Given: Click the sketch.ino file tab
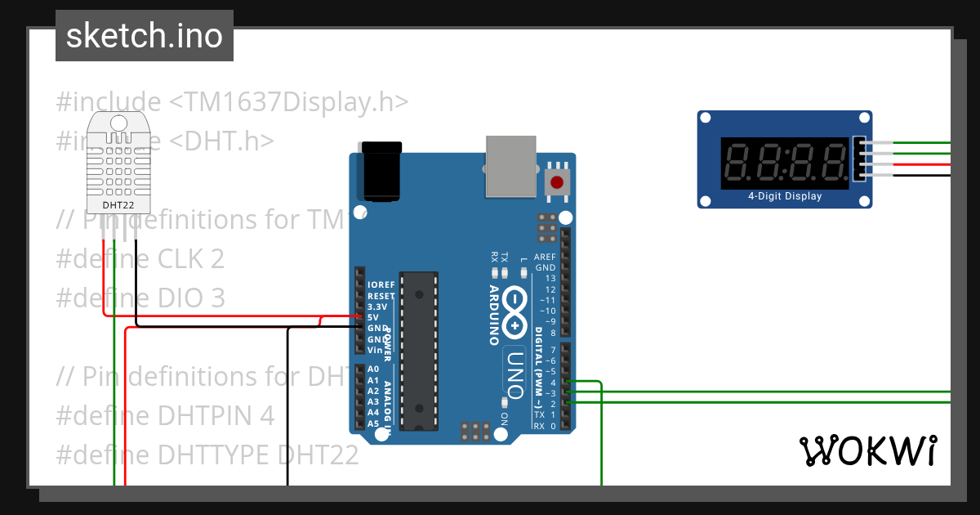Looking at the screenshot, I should (x=144, y=36).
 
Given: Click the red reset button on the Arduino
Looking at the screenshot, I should (x=557, y=181).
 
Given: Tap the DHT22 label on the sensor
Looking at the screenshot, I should (x=118, y=204).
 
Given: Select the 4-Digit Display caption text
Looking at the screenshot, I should (x=785, y=196).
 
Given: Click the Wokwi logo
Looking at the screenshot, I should (x=867, y=450).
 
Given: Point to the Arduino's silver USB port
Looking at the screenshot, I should (x=511, y=166).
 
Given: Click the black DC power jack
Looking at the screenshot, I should (x=381, y=171).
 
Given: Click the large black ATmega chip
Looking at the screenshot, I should (x=418, y=352).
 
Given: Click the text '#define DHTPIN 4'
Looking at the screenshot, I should (x=165, y=415).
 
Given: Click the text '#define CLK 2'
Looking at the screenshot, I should (x=140, y=259).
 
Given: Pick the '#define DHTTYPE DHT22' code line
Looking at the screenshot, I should (x=207, y=455).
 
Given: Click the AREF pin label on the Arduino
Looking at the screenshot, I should (x=545, y=257).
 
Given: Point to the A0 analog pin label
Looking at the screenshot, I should (x=373, y=369).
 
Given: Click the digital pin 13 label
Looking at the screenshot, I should (x=550, y=279).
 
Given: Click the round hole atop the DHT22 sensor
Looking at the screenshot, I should (x=118, y=123).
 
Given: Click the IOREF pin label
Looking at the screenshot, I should (x=381, y=285).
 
